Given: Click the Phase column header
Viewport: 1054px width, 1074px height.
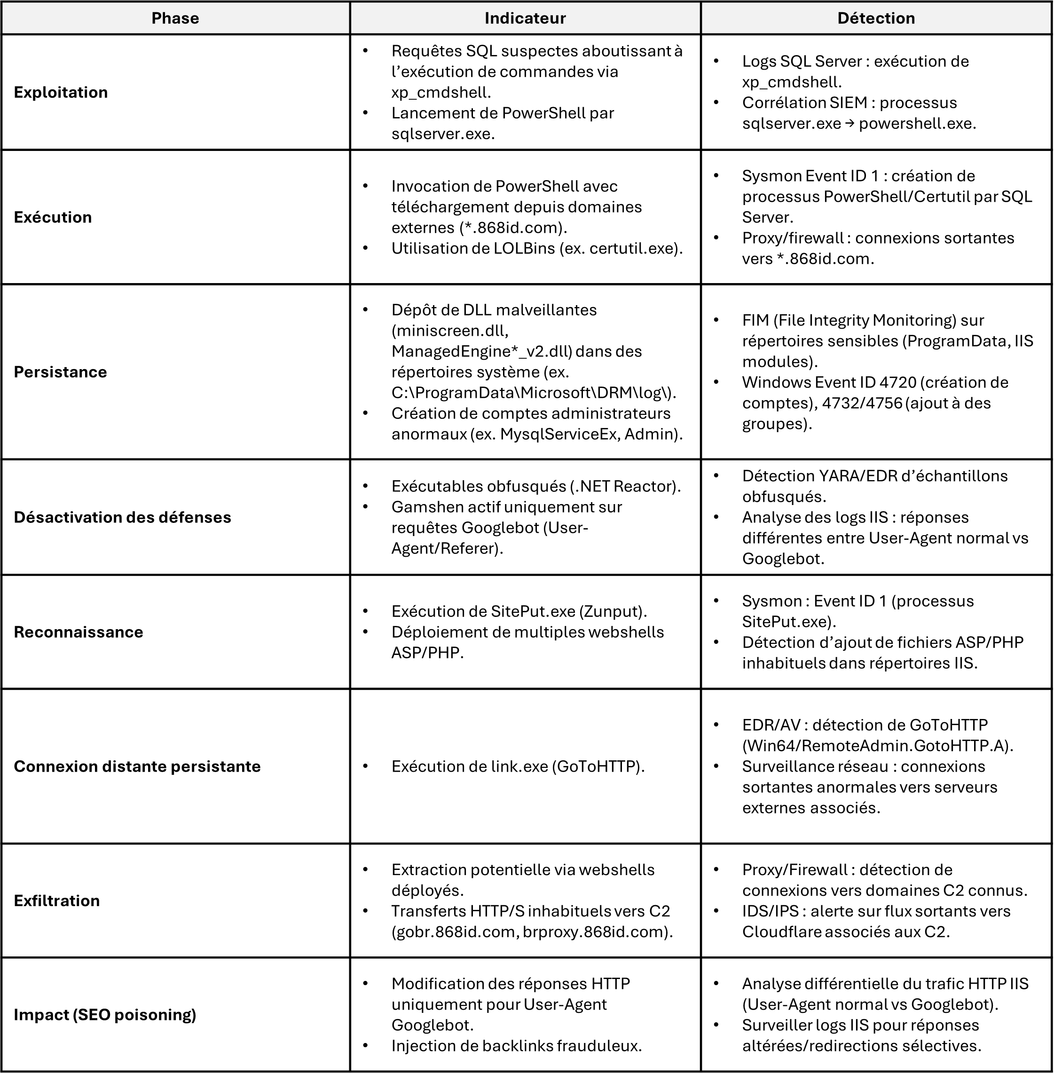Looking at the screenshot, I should coord(175,18).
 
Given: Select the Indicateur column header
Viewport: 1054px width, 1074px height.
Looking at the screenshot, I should coord(525,18).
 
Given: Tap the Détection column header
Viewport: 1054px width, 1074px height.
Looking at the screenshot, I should coord(876,18).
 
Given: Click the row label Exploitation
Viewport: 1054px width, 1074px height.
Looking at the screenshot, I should coord(61,92).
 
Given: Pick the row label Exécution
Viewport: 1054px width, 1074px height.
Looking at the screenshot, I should coord(53,217).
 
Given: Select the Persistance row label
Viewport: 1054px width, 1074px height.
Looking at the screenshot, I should coord(60,371).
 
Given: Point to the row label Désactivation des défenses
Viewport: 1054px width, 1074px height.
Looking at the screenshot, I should coord(122,517).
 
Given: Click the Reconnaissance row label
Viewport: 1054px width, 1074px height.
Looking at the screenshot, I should coord(78,632).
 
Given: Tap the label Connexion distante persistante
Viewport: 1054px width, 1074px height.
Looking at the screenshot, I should coord(137,766).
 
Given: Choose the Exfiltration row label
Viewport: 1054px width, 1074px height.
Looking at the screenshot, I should coord(56,900).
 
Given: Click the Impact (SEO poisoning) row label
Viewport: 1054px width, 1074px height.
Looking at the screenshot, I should coord(105,1014).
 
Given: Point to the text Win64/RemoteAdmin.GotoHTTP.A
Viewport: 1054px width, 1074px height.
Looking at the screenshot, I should coord(877,746).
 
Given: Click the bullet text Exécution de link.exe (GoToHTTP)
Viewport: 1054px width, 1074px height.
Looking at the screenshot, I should coord(518,766).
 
